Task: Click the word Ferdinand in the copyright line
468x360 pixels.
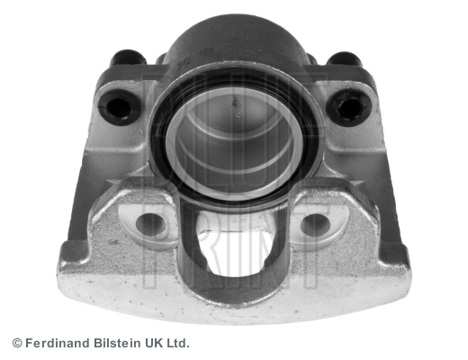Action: pyautogui.click(x=58, y=343)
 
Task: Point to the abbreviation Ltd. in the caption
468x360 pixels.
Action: pyautogui.click(x=178, y=343)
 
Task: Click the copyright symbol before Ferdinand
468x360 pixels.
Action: pyautogui.click(x=17, y=343)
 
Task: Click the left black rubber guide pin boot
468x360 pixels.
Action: pyautogui.click(x=119, y=106)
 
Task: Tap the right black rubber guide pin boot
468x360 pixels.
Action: pyautogui.click(x=349, y=105)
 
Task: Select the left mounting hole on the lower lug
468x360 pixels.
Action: pyautogui.click(x=150, y=223)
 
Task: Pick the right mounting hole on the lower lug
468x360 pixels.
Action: pyautogui.click(x=315, y=224)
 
